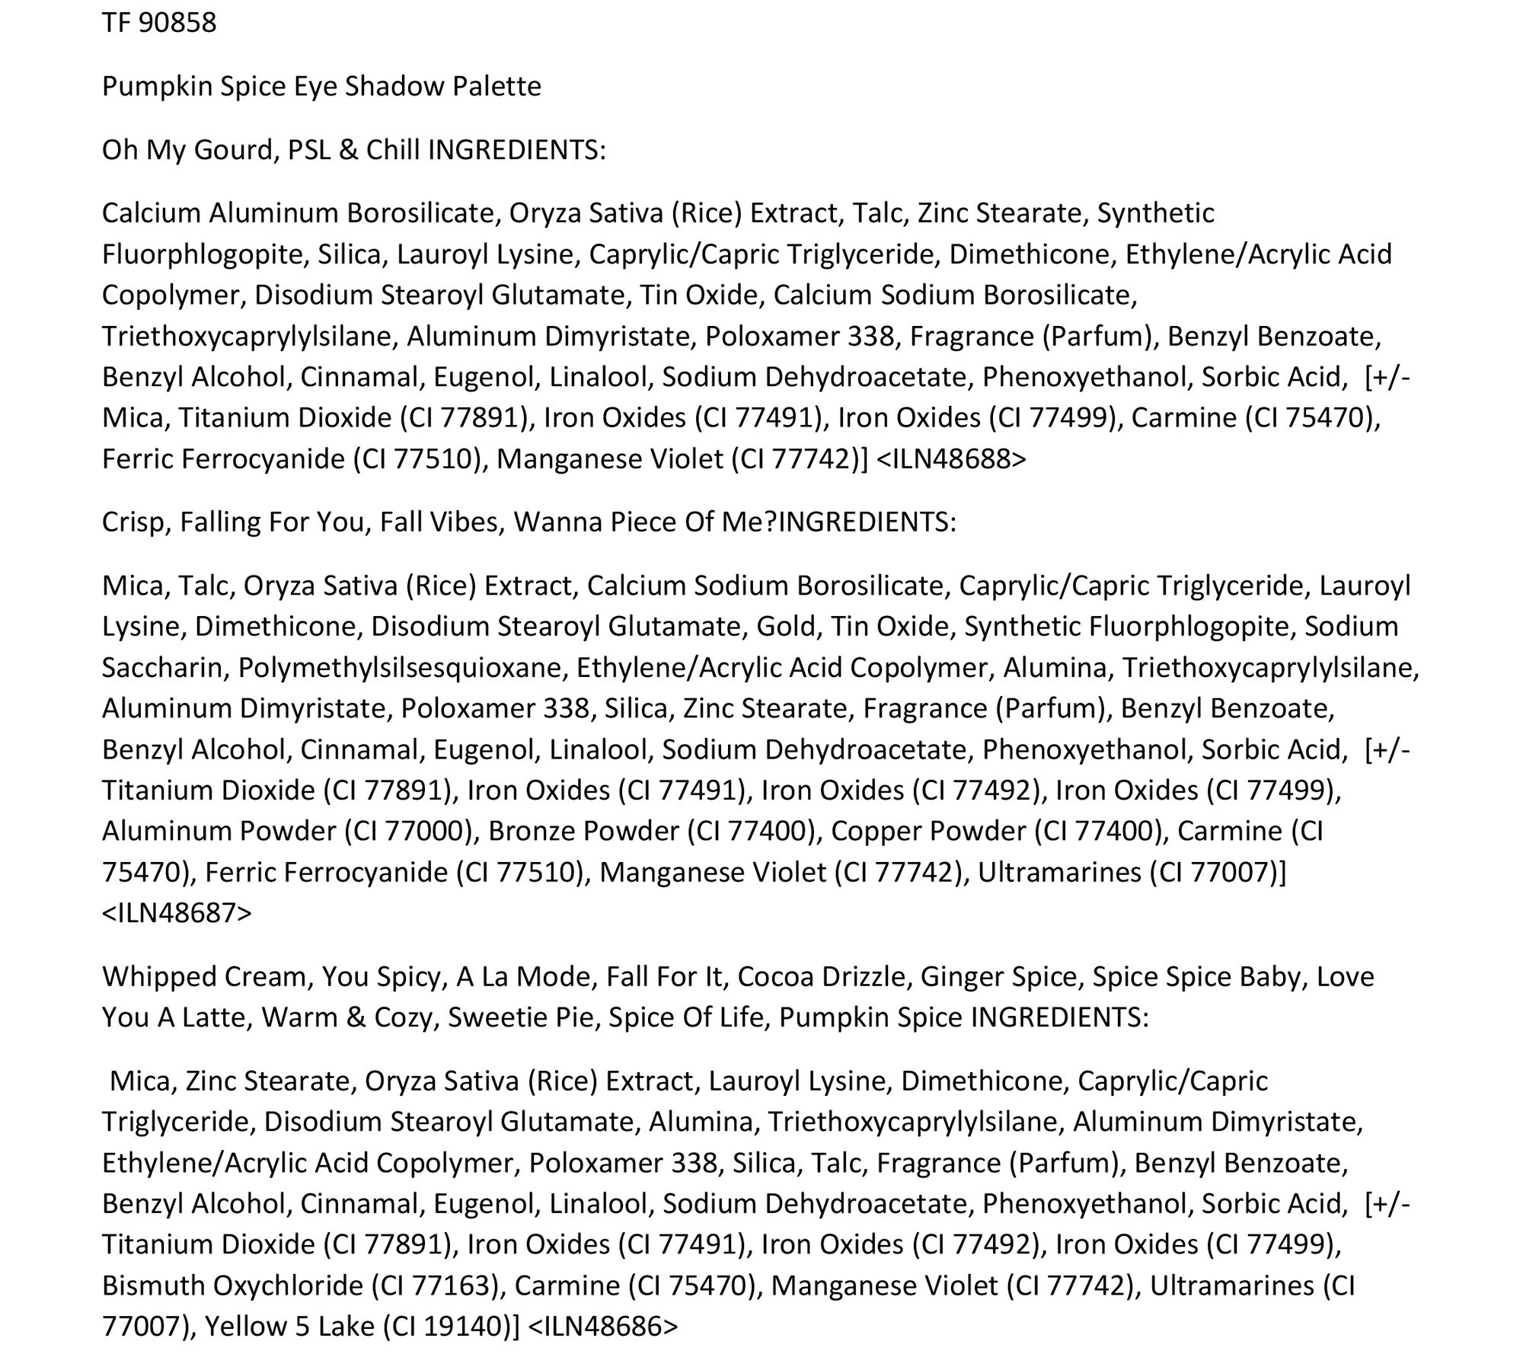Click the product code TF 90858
159,23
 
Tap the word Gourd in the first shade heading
233,150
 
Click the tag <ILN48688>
951,459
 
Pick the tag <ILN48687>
177,912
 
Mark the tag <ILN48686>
602,1326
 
